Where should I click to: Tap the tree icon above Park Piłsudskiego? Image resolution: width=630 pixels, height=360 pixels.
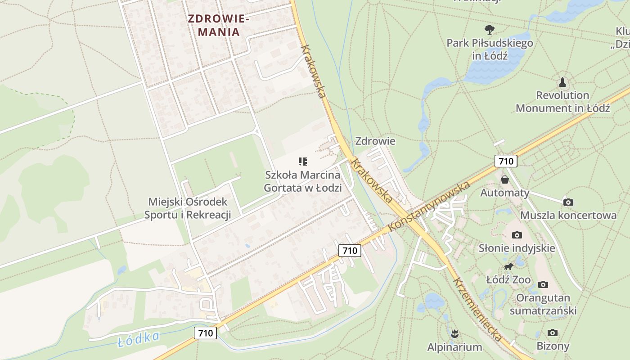(490, 30)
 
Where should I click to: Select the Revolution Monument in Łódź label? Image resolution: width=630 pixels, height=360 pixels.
(562, 102)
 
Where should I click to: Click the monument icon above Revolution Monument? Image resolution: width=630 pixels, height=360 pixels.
(562, 82)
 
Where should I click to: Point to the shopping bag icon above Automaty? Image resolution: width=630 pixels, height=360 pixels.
(505, 180)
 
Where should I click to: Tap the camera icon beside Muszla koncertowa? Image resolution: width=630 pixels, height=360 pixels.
(568, 202)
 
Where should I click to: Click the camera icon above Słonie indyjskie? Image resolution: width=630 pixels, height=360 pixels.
(517, 235)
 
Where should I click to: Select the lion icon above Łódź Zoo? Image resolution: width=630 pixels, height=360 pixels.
(508, 267)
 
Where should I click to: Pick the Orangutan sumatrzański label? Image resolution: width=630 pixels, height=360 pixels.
(543, 304)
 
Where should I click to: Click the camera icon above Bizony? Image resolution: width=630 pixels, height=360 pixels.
(553, 333)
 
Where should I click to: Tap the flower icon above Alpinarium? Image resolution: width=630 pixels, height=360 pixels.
(454, 334)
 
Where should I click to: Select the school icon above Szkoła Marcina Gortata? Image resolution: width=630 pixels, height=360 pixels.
(303, 161)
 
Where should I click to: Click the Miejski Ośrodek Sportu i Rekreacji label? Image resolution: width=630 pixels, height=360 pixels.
(188, 208)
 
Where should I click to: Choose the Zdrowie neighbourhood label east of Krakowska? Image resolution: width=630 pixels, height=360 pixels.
(375, 141)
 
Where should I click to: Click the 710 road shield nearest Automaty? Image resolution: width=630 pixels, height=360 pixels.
(506, 161)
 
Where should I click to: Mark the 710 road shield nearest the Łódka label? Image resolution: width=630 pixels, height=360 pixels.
(206, 333)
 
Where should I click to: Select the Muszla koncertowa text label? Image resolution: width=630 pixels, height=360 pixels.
(568, 215)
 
